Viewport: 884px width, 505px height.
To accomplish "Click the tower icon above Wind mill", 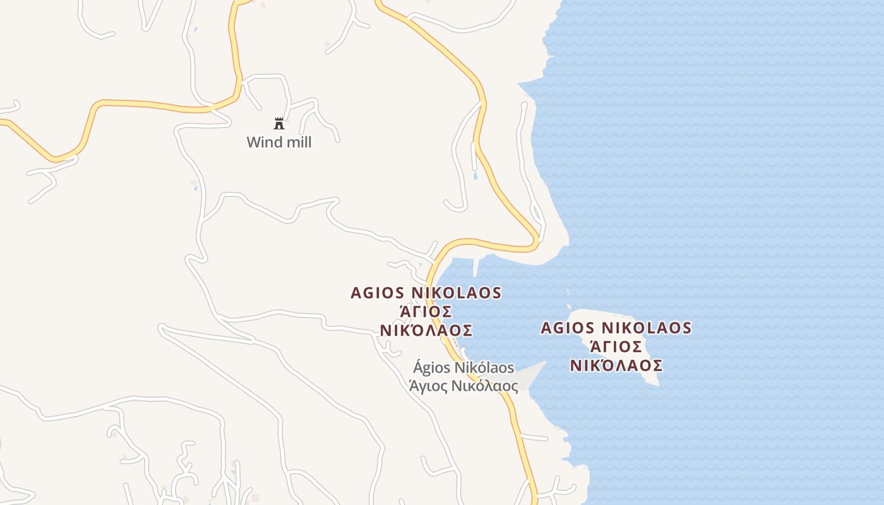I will (x=279, y=123).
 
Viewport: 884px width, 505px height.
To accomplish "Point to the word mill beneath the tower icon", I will (x=297, y=142).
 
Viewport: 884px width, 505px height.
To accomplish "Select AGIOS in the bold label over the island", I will (x=568, y=328).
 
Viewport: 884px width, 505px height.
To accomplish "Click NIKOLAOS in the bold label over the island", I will (x=646, y=328).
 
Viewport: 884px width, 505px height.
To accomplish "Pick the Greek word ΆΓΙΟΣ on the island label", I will (x=616, y=347).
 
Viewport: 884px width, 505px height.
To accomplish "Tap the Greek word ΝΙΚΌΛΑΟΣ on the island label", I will (x=616, y=365).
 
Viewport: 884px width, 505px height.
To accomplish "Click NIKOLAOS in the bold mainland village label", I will (x=456, y=293).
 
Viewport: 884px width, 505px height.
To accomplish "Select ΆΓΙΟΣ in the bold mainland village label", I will (x=426, y=312).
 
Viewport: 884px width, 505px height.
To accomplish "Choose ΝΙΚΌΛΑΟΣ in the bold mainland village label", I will (x=426, y=331).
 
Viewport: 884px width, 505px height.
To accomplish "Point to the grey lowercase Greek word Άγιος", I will (x=429, y=385).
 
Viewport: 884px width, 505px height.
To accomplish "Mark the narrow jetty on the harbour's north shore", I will (x=476, y=267).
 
